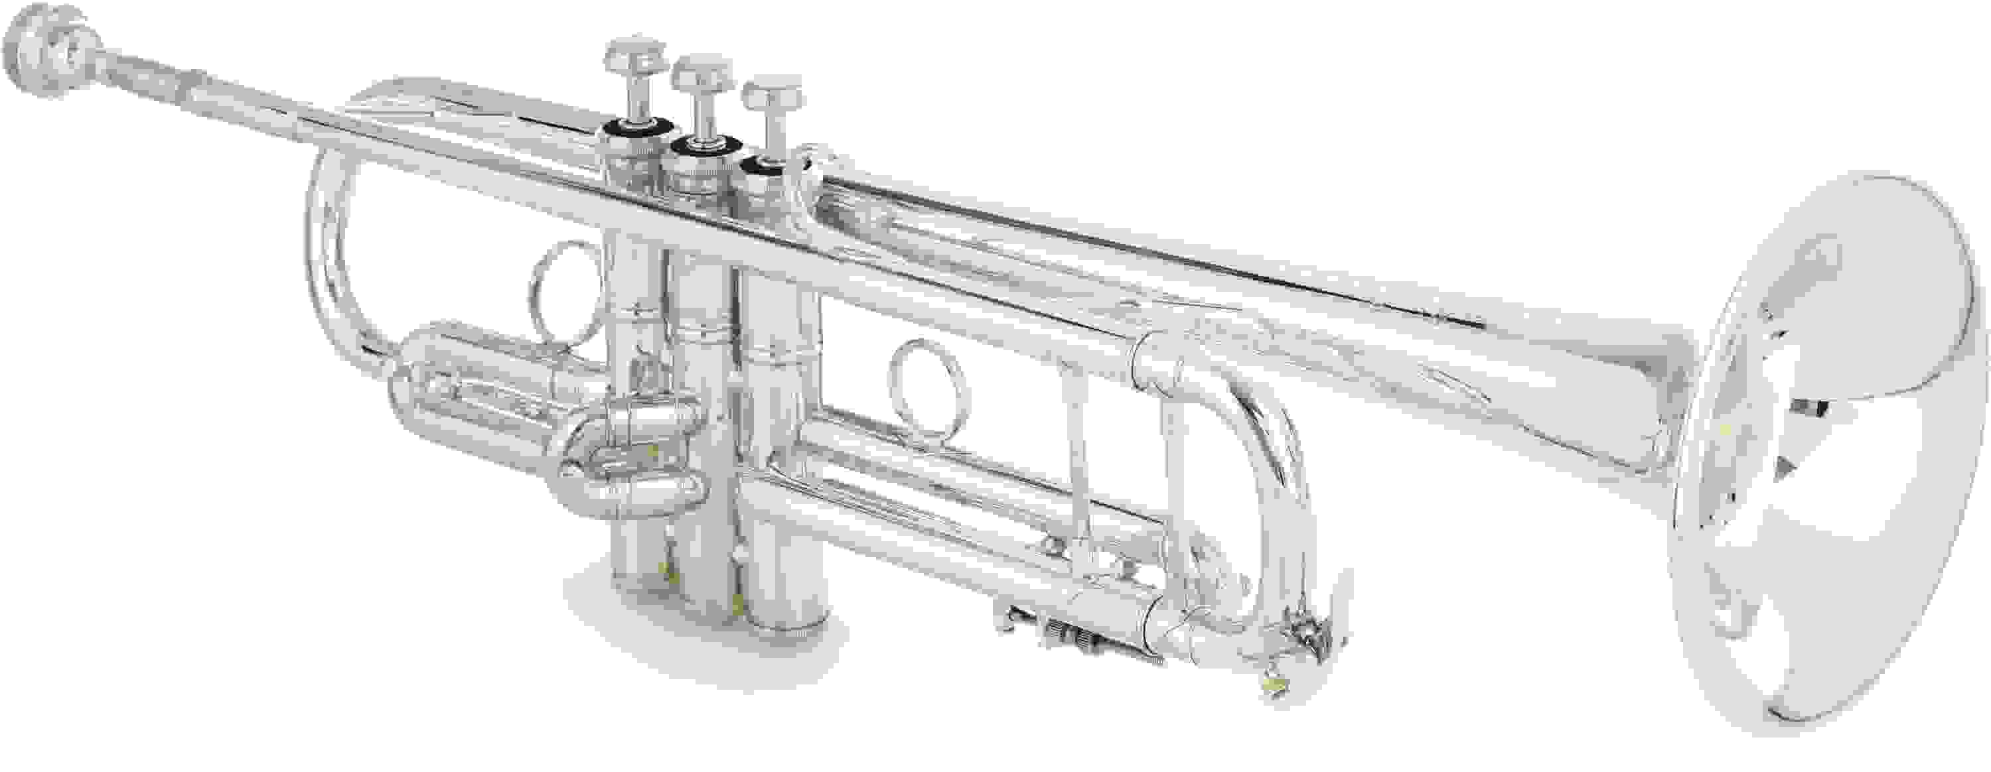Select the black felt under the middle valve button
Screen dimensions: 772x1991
[x=704, y=147]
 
